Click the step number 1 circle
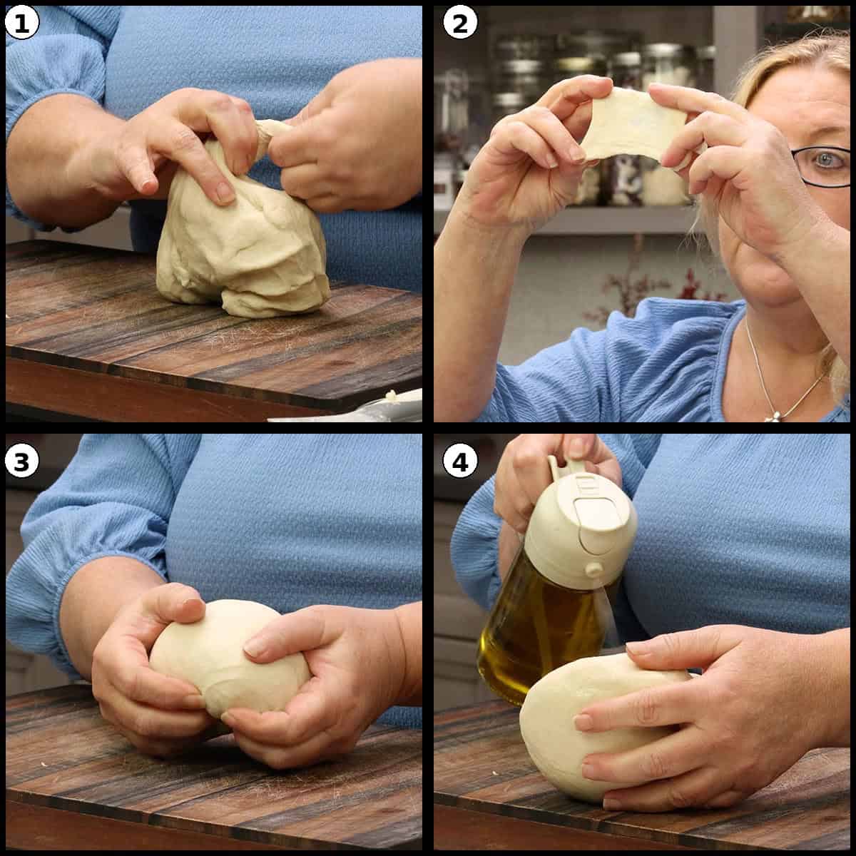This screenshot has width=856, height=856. point(21,24)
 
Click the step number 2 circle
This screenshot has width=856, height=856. point(460,24)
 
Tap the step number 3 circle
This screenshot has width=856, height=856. point(21,462)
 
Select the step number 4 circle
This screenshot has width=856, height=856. point(460,462)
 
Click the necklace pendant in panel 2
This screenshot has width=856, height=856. point(770,415)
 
